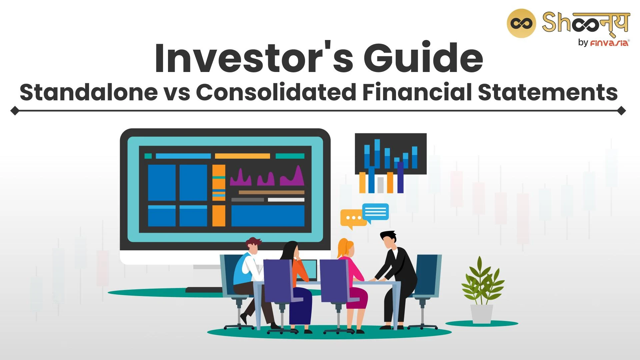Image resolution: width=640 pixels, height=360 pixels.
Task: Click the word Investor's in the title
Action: point(254,58)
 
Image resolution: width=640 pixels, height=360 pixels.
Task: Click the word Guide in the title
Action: point(423,57)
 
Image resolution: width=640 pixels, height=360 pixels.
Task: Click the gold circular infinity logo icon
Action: point(521,23)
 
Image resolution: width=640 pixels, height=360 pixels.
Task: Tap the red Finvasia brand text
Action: point(609,43)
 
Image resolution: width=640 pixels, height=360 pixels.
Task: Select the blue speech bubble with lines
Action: point(375,213)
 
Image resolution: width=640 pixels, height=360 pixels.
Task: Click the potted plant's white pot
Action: point(482,314)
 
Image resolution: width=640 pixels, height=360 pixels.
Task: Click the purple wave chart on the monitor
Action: point(267,176)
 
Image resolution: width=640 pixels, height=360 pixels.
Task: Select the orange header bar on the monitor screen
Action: point(242,156)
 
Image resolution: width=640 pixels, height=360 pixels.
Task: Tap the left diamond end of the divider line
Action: point(15,111)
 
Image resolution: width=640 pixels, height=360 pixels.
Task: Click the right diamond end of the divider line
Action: point(621,111)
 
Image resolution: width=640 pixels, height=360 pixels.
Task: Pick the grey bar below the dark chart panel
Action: point(380,185)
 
